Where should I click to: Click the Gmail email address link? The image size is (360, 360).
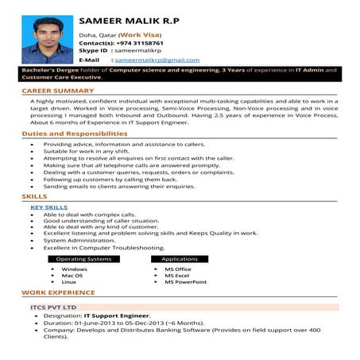(157, 60)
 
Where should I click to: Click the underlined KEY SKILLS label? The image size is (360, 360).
(48, 207)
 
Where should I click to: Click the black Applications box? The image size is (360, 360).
(180, 259)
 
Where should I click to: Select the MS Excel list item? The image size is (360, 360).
(176, 275)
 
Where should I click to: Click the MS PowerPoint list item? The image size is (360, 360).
(185, 282)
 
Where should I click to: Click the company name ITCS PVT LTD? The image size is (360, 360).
(53, 307)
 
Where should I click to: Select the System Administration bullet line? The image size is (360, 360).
(79, 240)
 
